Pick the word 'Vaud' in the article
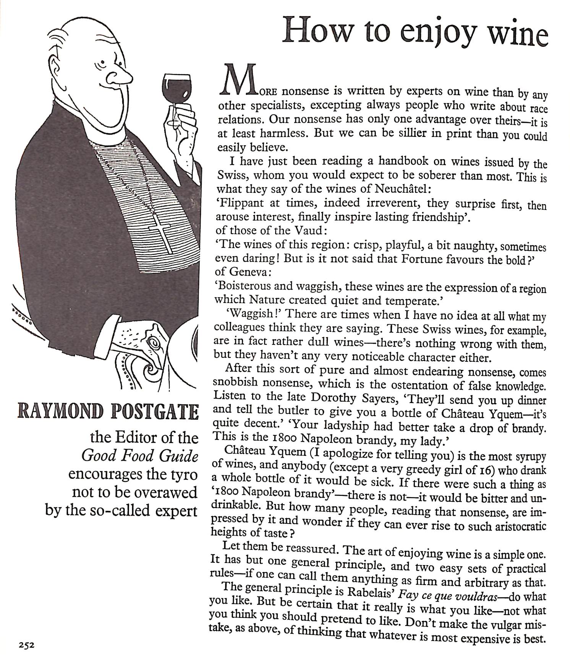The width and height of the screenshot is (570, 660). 310,230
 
